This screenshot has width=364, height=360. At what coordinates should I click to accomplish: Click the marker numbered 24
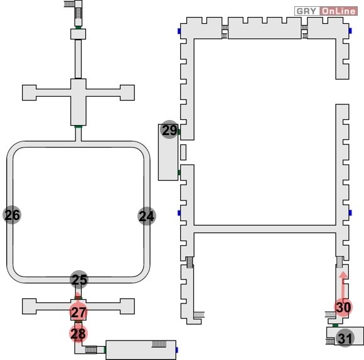point(147,216)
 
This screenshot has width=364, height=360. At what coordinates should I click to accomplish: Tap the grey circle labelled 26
point(12,215)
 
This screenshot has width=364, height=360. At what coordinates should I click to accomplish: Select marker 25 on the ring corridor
point(79,280)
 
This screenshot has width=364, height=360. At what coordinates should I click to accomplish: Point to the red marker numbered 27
point(78,312)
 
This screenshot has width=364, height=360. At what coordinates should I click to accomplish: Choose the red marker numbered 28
point(78,334)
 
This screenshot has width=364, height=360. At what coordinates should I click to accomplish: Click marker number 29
point(169,129)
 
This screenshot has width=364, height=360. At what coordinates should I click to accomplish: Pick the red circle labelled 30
point(343,307)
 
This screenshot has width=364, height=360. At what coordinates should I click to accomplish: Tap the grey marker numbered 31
point(345,338)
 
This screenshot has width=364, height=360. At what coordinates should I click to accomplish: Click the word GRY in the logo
point(306,11)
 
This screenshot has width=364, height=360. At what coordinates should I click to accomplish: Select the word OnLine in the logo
point(339,11)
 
